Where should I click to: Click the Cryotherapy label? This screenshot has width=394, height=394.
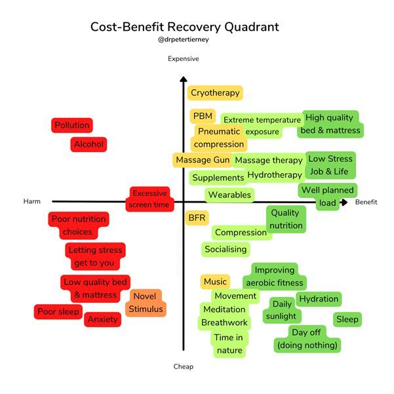coord(215,93)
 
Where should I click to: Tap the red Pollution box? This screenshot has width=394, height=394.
coord(71,125)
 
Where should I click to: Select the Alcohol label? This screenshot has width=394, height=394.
coord(89,144)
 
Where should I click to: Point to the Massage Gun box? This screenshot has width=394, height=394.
coord(202,160)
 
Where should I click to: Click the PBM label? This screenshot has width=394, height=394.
coord(201,116)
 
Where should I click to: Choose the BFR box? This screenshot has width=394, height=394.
coord(197,218)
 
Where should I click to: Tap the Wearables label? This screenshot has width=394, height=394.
coord(229,195)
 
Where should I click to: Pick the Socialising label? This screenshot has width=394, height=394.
coord(226,249)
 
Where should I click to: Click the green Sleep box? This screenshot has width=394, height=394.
coord(347,319)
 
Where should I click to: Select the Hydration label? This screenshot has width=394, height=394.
coord(319,299)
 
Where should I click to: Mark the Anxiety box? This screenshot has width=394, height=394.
coord(103,319)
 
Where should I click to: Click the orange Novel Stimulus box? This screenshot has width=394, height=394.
coord(146,302)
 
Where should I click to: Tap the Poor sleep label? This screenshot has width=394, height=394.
coord(58,311)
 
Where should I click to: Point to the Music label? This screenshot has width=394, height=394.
coord(215,282)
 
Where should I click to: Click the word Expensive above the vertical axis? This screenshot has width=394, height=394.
coord(184,59)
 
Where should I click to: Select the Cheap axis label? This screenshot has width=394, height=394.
coord(184,367)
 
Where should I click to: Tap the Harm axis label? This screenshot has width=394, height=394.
coord(32,202)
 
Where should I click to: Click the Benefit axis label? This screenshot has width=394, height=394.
coord(366,202)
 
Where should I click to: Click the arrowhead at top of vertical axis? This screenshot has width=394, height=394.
coord(184,81)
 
